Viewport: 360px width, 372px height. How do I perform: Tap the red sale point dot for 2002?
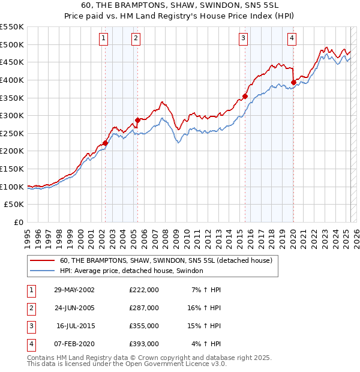(x=106, y=143)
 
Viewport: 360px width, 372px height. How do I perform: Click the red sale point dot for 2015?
(x=245, y=96)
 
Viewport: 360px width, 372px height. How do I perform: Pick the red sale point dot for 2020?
(x=293, y=82)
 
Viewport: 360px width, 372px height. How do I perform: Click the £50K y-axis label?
(x=14, y=205)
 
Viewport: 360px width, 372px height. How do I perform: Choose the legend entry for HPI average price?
(x=131, y=271)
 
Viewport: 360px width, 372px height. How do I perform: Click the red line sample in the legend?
(x=42, y=260)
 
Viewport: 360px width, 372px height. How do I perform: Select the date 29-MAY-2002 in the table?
(x=74, y=290)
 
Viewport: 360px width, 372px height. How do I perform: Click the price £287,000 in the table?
(x=144, y=308)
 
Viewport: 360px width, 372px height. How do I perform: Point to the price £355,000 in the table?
(x=144, y=326)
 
